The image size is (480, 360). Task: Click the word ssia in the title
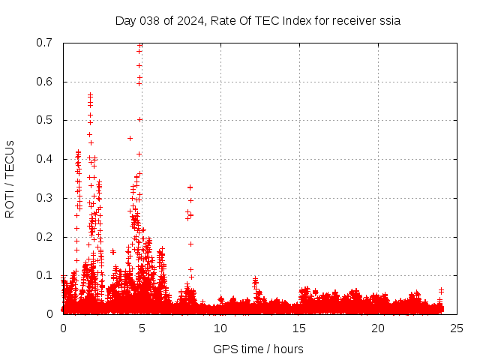pyautogui.click(x=389, y=20)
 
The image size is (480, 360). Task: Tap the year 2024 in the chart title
pyautogui.click(x=185, y=20)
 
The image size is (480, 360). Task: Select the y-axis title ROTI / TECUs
pyautogui.click(x=10, y=178)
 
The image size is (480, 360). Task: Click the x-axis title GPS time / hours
pyautogui.click(x=258, y=349)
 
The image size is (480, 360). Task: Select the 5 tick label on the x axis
pyautogui.click(x=142, y=328)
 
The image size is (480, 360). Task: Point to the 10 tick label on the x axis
pyautogui.click(x=220, y=328)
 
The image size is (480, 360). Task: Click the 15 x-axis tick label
pyautogui.click(x=299, y=328)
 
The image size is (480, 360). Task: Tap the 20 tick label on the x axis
pyautogui.click(x=378, y=328)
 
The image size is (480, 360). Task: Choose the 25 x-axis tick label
pyautogui.click(x=457, y=328)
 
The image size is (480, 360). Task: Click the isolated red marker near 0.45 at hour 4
pyautogui.click(x=130, y=138)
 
